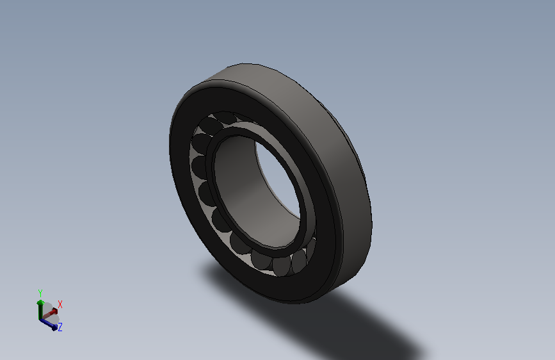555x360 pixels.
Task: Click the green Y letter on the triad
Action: (40, 292)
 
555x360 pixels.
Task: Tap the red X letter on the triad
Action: (60, 304)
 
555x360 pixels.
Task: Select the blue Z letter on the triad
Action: (60, 327)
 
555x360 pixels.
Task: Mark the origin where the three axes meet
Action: (41, 318)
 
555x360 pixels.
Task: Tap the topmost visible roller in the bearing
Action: (227, 119)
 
